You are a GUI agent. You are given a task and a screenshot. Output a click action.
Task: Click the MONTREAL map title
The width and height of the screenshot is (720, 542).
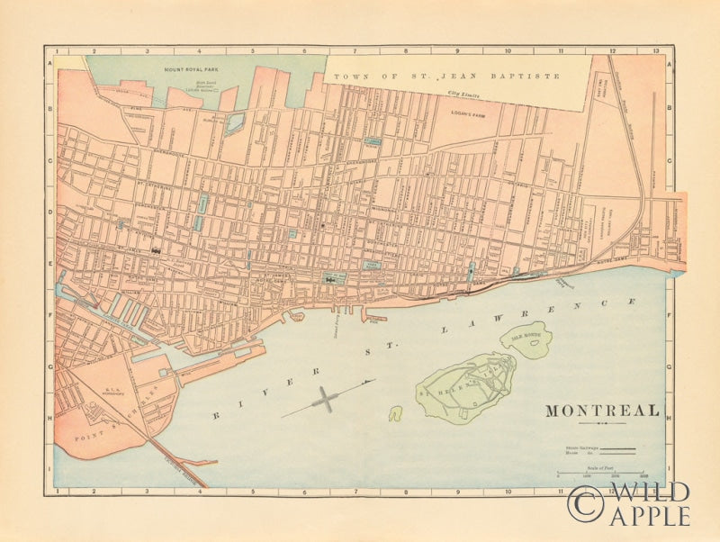[602, 411]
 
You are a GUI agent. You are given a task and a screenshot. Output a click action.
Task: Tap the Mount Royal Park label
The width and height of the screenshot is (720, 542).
[193, 68]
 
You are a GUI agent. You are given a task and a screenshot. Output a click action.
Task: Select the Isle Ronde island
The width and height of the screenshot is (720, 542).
[526, 339]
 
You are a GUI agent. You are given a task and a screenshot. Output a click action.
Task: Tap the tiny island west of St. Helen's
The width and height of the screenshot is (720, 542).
[395, 413]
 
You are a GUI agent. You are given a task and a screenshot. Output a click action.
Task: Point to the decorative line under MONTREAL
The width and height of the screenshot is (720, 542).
[602, 423]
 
